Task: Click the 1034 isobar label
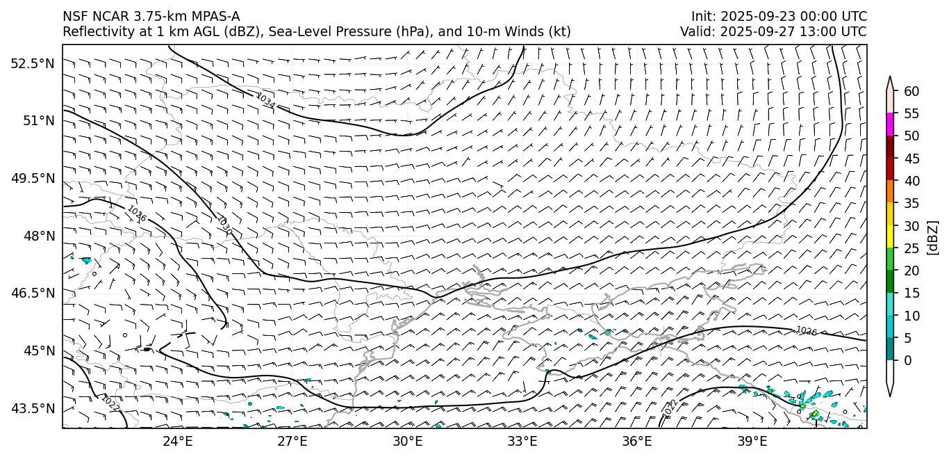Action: point(265,102)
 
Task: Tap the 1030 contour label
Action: point(224,225)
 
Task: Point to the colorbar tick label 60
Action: point(911,92)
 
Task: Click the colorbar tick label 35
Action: point(911,204)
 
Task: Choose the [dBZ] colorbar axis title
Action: point(932,238)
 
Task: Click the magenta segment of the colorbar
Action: point(890,124)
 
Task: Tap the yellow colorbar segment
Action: point(890,236)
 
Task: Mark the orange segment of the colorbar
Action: point(890,192)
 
